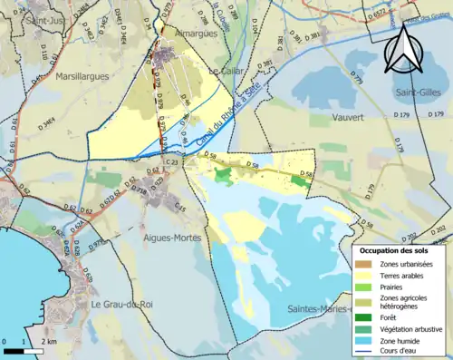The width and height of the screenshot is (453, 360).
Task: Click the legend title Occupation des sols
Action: [x=396, y=249]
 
